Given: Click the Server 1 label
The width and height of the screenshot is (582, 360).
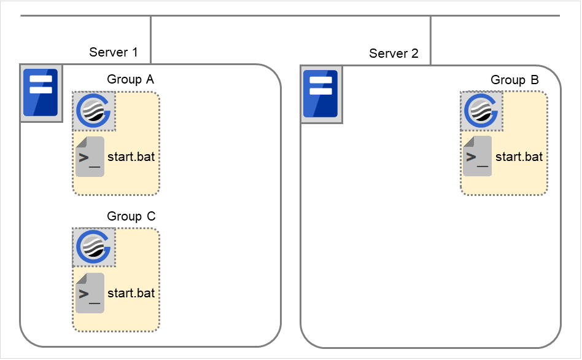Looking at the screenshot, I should click(x=114, y=52).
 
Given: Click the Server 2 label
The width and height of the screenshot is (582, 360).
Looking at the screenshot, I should click(x=394, y=53).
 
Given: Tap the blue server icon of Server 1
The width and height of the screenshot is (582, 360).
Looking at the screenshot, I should click(x=41, y=93).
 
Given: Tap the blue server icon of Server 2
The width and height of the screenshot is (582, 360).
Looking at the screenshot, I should click(x=320, y=93).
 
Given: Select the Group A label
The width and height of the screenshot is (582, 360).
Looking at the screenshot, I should click(x=131, y=79).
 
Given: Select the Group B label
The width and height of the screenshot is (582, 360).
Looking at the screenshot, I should click(x=514, y=80).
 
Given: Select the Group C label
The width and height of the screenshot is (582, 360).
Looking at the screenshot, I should click(x=131, y=216).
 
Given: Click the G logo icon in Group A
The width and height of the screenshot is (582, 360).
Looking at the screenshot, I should click(x=95, y=111).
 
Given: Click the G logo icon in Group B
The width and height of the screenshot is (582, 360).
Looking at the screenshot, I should click(x=482, y=111).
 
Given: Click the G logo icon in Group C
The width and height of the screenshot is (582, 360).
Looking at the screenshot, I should click(x=95, y=248).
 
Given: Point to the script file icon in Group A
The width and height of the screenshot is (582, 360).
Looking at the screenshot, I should click(x=90, y=157).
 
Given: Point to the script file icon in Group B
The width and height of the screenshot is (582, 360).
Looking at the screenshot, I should click(x=477, y=157).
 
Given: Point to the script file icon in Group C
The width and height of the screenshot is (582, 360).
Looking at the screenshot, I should click(x=90, y=294).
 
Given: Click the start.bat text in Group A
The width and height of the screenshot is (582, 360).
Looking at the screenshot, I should click(x=131, y=157).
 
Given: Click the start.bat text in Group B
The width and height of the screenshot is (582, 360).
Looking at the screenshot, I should click(x=519, y=157).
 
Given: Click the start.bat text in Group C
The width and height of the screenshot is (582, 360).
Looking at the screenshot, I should click(x=131, y=293).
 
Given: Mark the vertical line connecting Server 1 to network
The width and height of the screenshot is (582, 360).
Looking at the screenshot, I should click(x=150, y=39).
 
